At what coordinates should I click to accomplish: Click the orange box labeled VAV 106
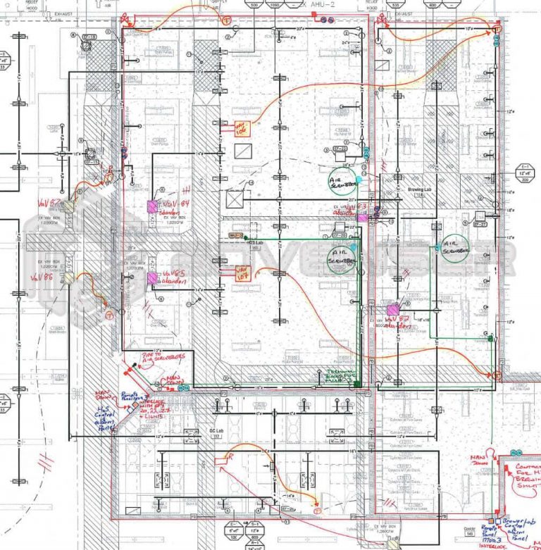242,129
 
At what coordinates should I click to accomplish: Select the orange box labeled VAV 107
242,270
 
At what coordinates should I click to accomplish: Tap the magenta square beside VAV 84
151,206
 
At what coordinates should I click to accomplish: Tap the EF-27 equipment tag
480,224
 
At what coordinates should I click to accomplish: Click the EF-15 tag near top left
89,35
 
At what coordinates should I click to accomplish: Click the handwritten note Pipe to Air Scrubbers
165,357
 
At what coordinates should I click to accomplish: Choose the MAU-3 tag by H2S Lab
235,235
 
